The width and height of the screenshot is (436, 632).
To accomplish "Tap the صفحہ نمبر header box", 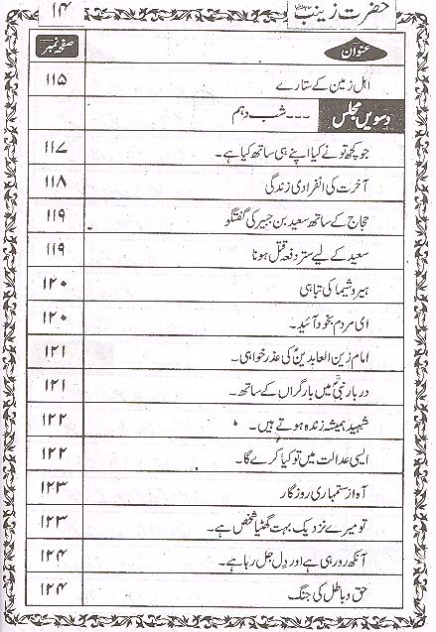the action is pos(57,48).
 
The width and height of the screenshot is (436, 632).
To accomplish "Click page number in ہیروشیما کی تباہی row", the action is pos(56,285).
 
